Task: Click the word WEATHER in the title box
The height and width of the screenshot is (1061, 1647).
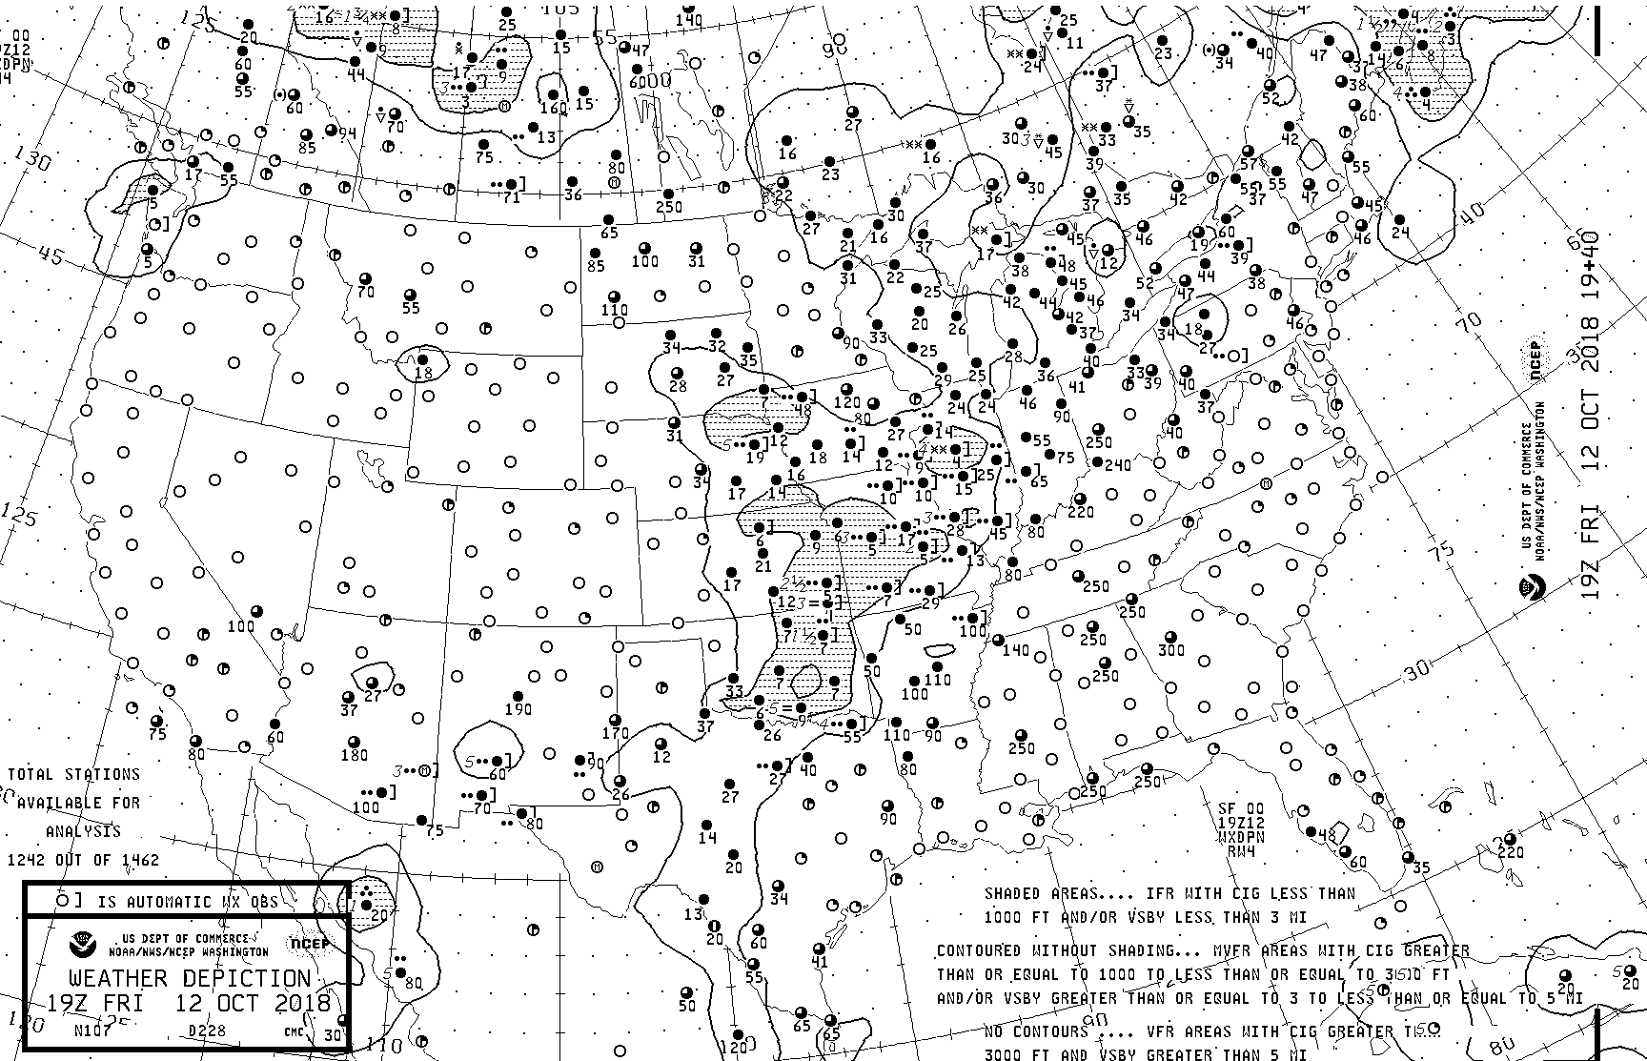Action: click(x=118, y=979)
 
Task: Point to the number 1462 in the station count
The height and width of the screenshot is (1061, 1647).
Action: click(x=136, y=859)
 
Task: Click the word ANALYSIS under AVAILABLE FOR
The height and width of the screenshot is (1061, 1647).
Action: click(x=79, y=831)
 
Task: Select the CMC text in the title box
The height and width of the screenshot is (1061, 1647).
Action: click(x=293, y=1030)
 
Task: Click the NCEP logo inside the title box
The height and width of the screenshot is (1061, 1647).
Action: click(x=309, y=945)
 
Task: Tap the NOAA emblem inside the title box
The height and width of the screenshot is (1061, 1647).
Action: click(x=82, y=946)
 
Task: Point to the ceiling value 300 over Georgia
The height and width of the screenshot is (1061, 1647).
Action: click(x=1171, y=650)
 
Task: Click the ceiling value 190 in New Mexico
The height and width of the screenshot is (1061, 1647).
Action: click(x=518, y=709)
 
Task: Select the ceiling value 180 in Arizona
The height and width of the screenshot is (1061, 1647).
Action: click(x=354, y=756)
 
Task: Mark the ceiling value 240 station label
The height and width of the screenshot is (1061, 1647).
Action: click(x=1118, y=465)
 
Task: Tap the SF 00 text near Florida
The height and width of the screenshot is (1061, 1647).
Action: click(x=1240, y=807)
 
